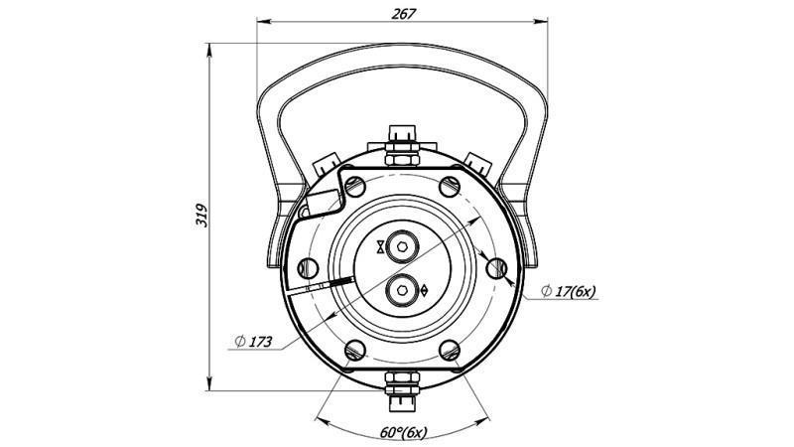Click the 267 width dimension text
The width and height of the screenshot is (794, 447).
tap(404, 13)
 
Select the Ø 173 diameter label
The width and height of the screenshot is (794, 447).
tap(254, 342)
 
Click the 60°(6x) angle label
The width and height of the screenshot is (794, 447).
tap(403, 434)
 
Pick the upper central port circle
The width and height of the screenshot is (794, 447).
tap(403, 244)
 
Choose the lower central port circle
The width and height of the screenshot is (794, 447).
tap(403, 290)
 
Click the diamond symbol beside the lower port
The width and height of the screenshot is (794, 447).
tap(425, 291)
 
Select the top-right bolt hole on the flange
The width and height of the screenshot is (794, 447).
tap(451, 184)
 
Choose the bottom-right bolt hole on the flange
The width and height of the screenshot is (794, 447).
tap(451, 350)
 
